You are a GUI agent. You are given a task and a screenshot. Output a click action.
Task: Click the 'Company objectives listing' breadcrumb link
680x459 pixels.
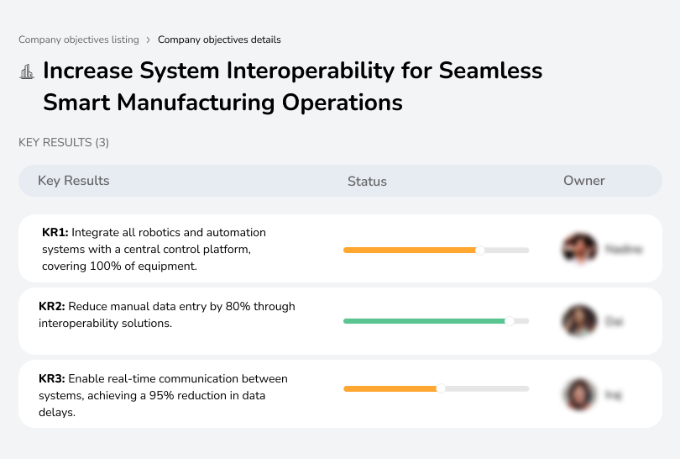click(x=79, y=40)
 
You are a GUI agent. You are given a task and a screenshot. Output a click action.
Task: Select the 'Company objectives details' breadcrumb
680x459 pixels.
click(x=219, y=40)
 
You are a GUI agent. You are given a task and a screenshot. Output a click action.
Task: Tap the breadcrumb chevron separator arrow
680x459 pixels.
click(x=149, y=40)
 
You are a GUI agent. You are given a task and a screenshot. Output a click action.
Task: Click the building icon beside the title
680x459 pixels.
click(x=26, y=71)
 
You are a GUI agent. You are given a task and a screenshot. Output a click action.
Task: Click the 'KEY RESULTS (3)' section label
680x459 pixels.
click(x=64, y=143)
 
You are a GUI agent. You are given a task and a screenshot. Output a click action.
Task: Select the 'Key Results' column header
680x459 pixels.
click(x=73, y=181)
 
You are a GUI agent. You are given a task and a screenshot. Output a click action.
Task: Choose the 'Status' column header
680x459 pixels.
click(x=367, y=181)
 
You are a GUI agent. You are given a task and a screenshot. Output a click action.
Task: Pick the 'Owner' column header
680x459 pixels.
click(x=583, y=181)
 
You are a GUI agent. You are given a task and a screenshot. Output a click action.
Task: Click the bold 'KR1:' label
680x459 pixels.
click(x=55, y=232)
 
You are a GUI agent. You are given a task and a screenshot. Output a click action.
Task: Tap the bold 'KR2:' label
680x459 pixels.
click(x=52, y=307)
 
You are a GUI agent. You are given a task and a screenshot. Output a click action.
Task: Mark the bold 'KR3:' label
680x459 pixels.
click(x=52, y=379)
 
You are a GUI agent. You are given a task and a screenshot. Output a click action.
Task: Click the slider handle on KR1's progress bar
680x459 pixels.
click(x=480, y=250)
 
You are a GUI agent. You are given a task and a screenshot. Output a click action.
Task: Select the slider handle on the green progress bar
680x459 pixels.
click(x=509, y=321)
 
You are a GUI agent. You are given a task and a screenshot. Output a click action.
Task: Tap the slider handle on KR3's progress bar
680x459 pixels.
click(x=441, y=388)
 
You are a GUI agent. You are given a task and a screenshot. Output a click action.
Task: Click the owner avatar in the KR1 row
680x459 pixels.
click(x=578, y=249)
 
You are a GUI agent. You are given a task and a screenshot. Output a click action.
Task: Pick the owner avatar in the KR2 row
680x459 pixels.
click(x=578, y=321)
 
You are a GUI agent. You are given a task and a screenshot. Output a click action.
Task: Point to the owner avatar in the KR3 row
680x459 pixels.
click(x=578, y=393)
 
